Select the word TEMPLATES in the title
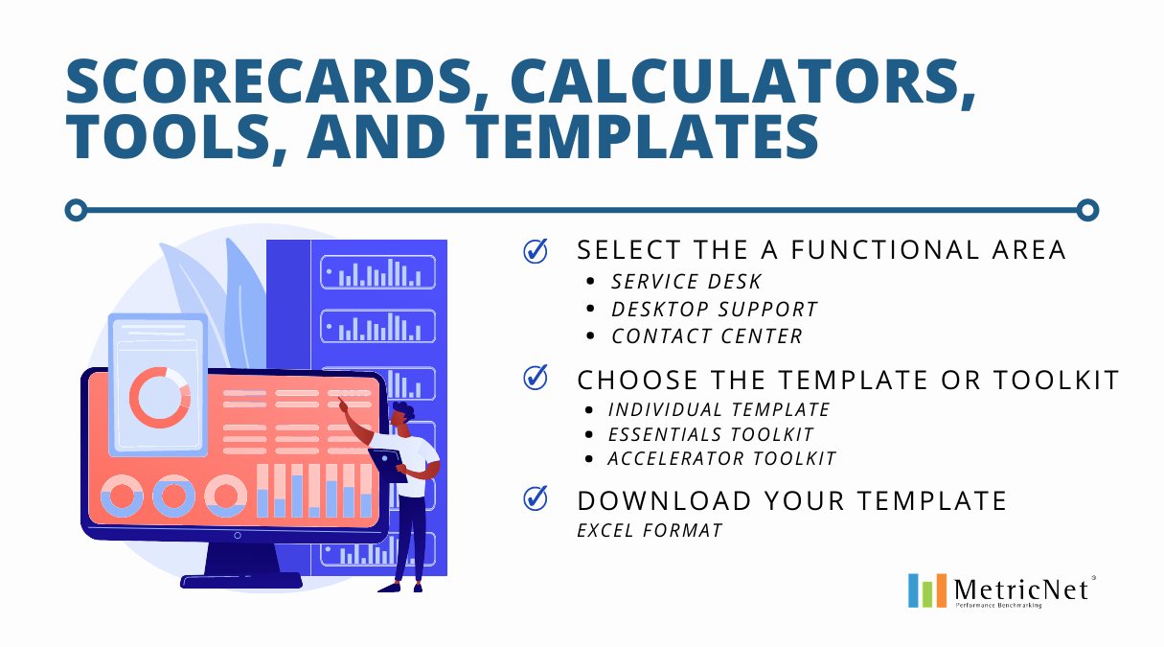click(642, 136)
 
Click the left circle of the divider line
click(77, 210)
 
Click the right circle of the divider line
click(1087, 210)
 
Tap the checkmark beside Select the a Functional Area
click(536, 251)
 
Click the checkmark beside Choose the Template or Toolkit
click(536, 377)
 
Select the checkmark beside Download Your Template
click(536, 498)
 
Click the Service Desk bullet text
click(686, 282)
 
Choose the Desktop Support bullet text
click(715, 310)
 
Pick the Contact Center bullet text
click(707, 336)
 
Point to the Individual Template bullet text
click(719, 410)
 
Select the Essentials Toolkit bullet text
click(711, 434)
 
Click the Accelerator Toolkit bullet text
click(721, 459)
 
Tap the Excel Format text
click(650, 530)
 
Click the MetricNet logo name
click(1021, 590)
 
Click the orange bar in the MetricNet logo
click(941, 590)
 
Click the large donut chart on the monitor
click(160, 398)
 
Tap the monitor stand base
click(241, 581)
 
